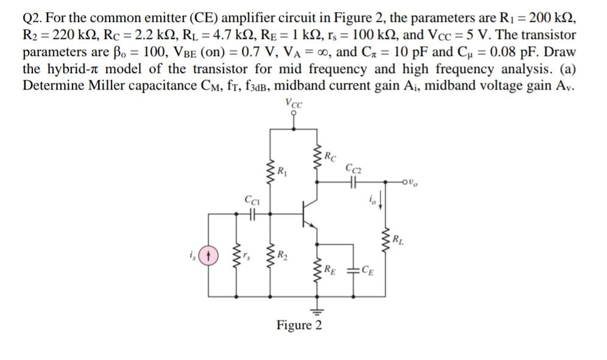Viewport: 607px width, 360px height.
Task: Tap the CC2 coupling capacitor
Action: [352, 182]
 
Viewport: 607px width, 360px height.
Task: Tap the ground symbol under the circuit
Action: [316, 306]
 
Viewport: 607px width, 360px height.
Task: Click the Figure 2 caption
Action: [299, 325]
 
